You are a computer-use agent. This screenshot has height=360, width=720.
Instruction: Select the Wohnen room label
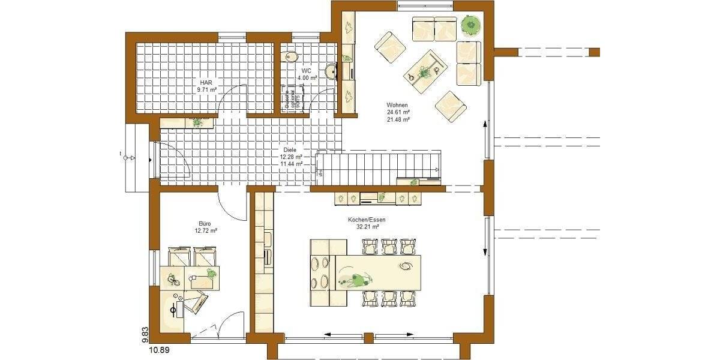coord(398,105)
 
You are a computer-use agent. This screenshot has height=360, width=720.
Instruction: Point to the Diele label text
coord(290,150)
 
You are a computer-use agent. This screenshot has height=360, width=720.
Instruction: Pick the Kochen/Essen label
coord(367,220)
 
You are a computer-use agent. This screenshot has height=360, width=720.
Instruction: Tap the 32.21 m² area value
coord(367,227)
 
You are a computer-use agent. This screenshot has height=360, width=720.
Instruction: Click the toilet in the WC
coord(292,57)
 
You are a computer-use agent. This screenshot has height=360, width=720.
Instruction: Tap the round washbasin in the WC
coord(331,73)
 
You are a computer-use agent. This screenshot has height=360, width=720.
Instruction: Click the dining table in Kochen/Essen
coord(377,273)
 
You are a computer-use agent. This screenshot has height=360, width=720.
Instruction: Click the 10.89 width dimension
coord(155,349)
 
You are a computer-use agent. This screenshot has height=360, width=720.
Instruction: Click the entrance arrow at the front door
coord(133,158)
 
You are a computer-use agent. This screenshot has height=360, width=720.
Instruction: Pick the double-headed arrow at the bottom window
coord(368,334)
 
